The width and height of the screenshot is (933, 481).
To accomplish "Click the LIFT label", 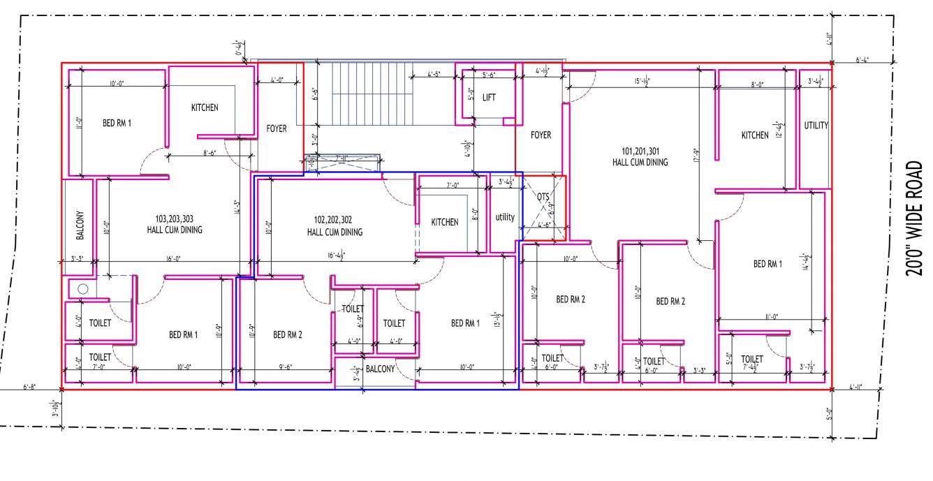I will coord(489,98).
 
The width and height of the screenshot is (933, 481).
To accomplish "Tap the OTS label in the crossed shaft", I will coord(543,197).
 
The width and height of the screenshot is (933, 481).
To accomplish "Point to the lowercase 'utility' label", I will coord(505,217).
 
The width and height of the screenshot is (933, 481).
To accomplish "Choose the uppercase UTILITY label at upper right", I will coord(816,126).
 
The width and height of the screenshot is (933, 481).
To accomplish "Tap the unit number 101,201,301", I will coord(640,151).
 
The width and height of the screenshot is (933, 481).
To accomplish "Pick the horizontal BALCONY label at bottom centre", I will coord(380,369).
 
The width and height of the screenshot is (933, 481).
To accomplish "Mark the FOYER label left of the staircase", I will coord(277,128).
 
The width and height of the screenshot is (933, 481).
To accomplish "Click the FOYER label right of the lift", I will coord(541,135).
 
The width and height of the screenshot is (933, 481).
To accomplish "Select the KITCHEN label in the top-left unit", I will coord(205,108).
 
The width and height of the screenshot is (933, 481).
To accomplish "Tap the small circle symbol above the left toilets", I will coord(82,288).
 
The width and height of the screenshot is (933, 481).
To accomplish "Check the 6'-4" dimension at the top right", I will coord(862,60).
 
